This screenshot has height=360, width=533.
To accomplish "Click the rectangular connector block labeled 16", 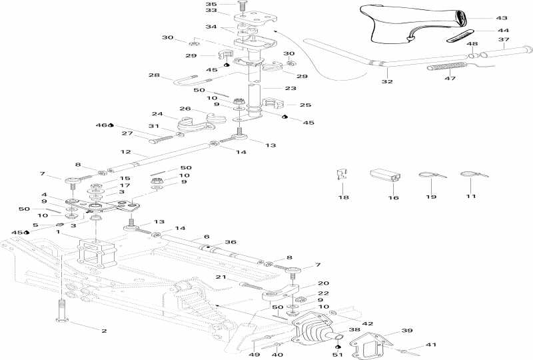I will [386, 176].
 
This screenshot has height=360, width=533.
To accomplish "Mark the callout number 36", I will [231, 243].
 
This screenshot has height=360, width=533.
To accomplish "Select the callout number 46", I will [100, 125].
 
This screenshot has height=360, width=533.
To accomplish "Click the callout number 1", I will [57, 232].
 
